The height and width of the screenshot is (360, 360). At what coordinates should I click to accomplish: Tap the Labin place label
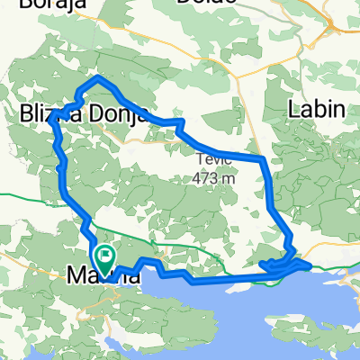316,111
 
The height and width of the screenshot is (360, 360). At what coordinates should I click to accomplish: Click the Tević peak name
214,160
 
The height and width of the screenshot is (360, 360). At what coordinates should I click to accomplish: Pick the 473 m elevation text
214,177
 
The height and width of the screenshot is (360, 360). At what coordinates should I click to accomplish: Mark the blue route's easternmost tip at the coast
309,265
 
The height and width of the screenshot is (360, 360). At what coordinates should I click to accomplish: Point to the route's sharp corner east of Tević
263,159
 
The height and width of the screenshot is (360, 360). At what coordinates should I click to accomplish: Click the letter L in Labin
293,111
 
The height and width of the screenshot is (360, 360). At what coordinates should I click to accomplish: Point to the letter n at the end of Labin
339,111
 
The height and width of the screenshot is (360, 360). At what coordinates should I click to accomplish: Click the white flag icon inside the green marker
105,256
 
